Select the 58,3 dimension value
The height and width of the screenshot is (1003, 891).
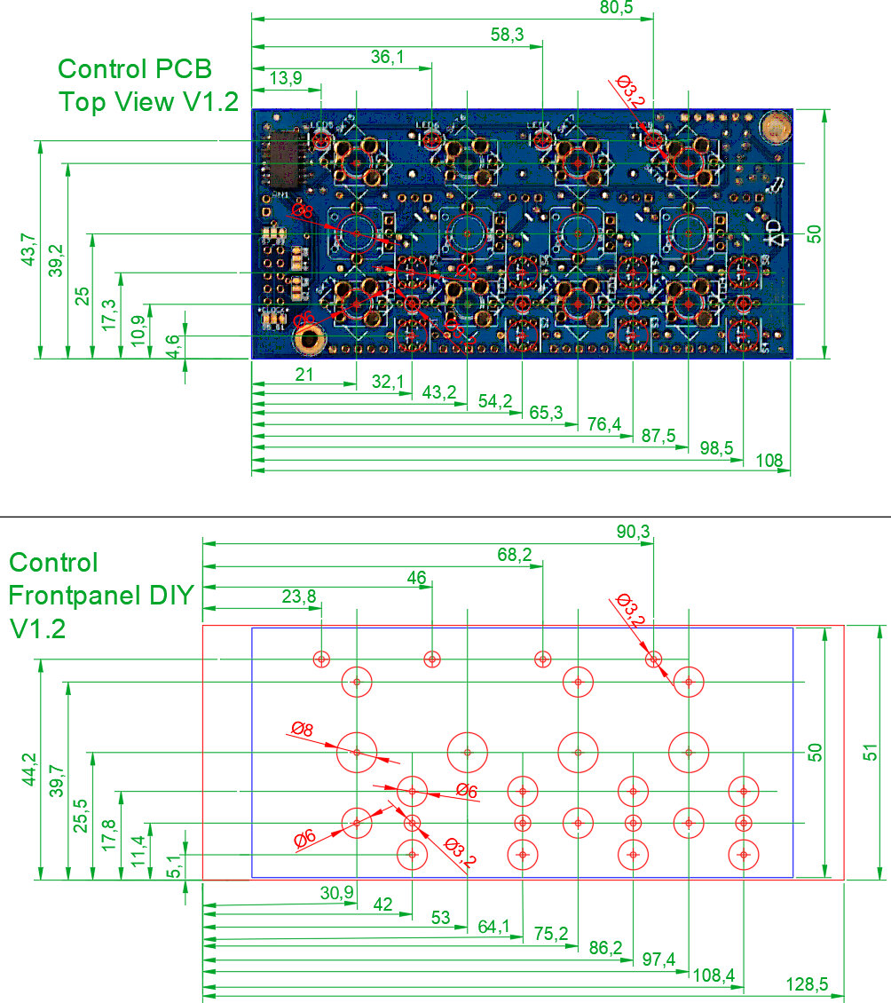507,35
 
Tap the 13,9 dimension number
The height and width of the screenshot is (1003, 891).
285,78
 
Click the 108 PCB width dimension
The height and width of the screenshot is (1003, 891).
769,460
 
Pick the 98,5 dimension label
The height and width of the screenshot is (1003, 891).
716,447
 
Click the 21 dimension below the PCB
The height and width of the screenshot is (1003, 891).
304,375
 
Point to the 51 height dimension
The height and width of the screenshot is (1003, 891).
871,752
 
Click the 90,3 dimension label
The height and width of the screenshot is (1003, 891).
634,532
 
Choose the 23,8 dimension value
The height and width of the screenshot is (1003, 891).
299,596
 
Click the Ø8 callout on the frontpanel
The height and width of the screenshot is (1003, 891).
303,730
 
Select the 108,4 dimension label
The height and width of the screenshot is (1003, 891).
714,975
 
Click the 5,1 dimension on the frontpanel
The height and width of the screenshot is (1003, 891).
175,865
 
